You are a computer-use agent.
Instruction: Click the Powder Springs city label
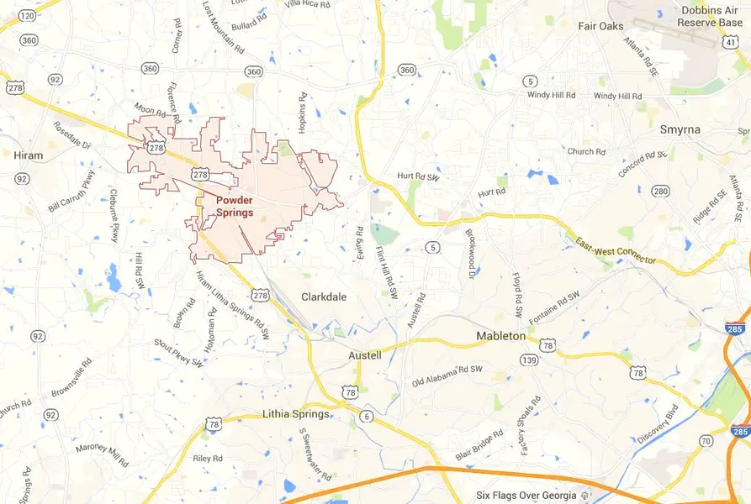(x=235, y=207)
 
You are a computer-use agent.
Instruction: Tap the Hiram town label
(x=28, y=155)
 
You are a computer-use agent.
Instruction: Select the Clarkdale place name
(x=324, y=297)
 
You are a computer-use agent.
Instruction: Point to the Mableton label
(x=500, y=336)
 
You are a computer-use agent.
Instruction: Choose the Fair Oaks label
(x=600, y=26)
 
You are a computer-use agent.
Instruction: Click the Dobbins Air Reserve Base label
(x=706, y=16)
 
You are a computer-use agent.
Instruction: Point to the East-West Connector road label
(x=616, y=251)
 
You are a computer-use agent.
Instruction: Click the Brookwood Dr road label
(x=469, y=251)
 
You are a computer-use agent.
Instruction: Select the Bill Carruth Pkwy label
(x=72, y=191)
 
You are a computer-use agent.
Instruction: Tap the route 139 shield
(x=529, y=360)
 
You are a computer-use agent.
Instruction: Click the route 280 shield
(x=661, y=192)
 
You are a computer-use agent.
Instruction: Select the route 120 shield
(x=27, y=16)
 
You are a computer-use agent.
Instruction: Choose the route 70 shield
(x=706, y=441)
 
